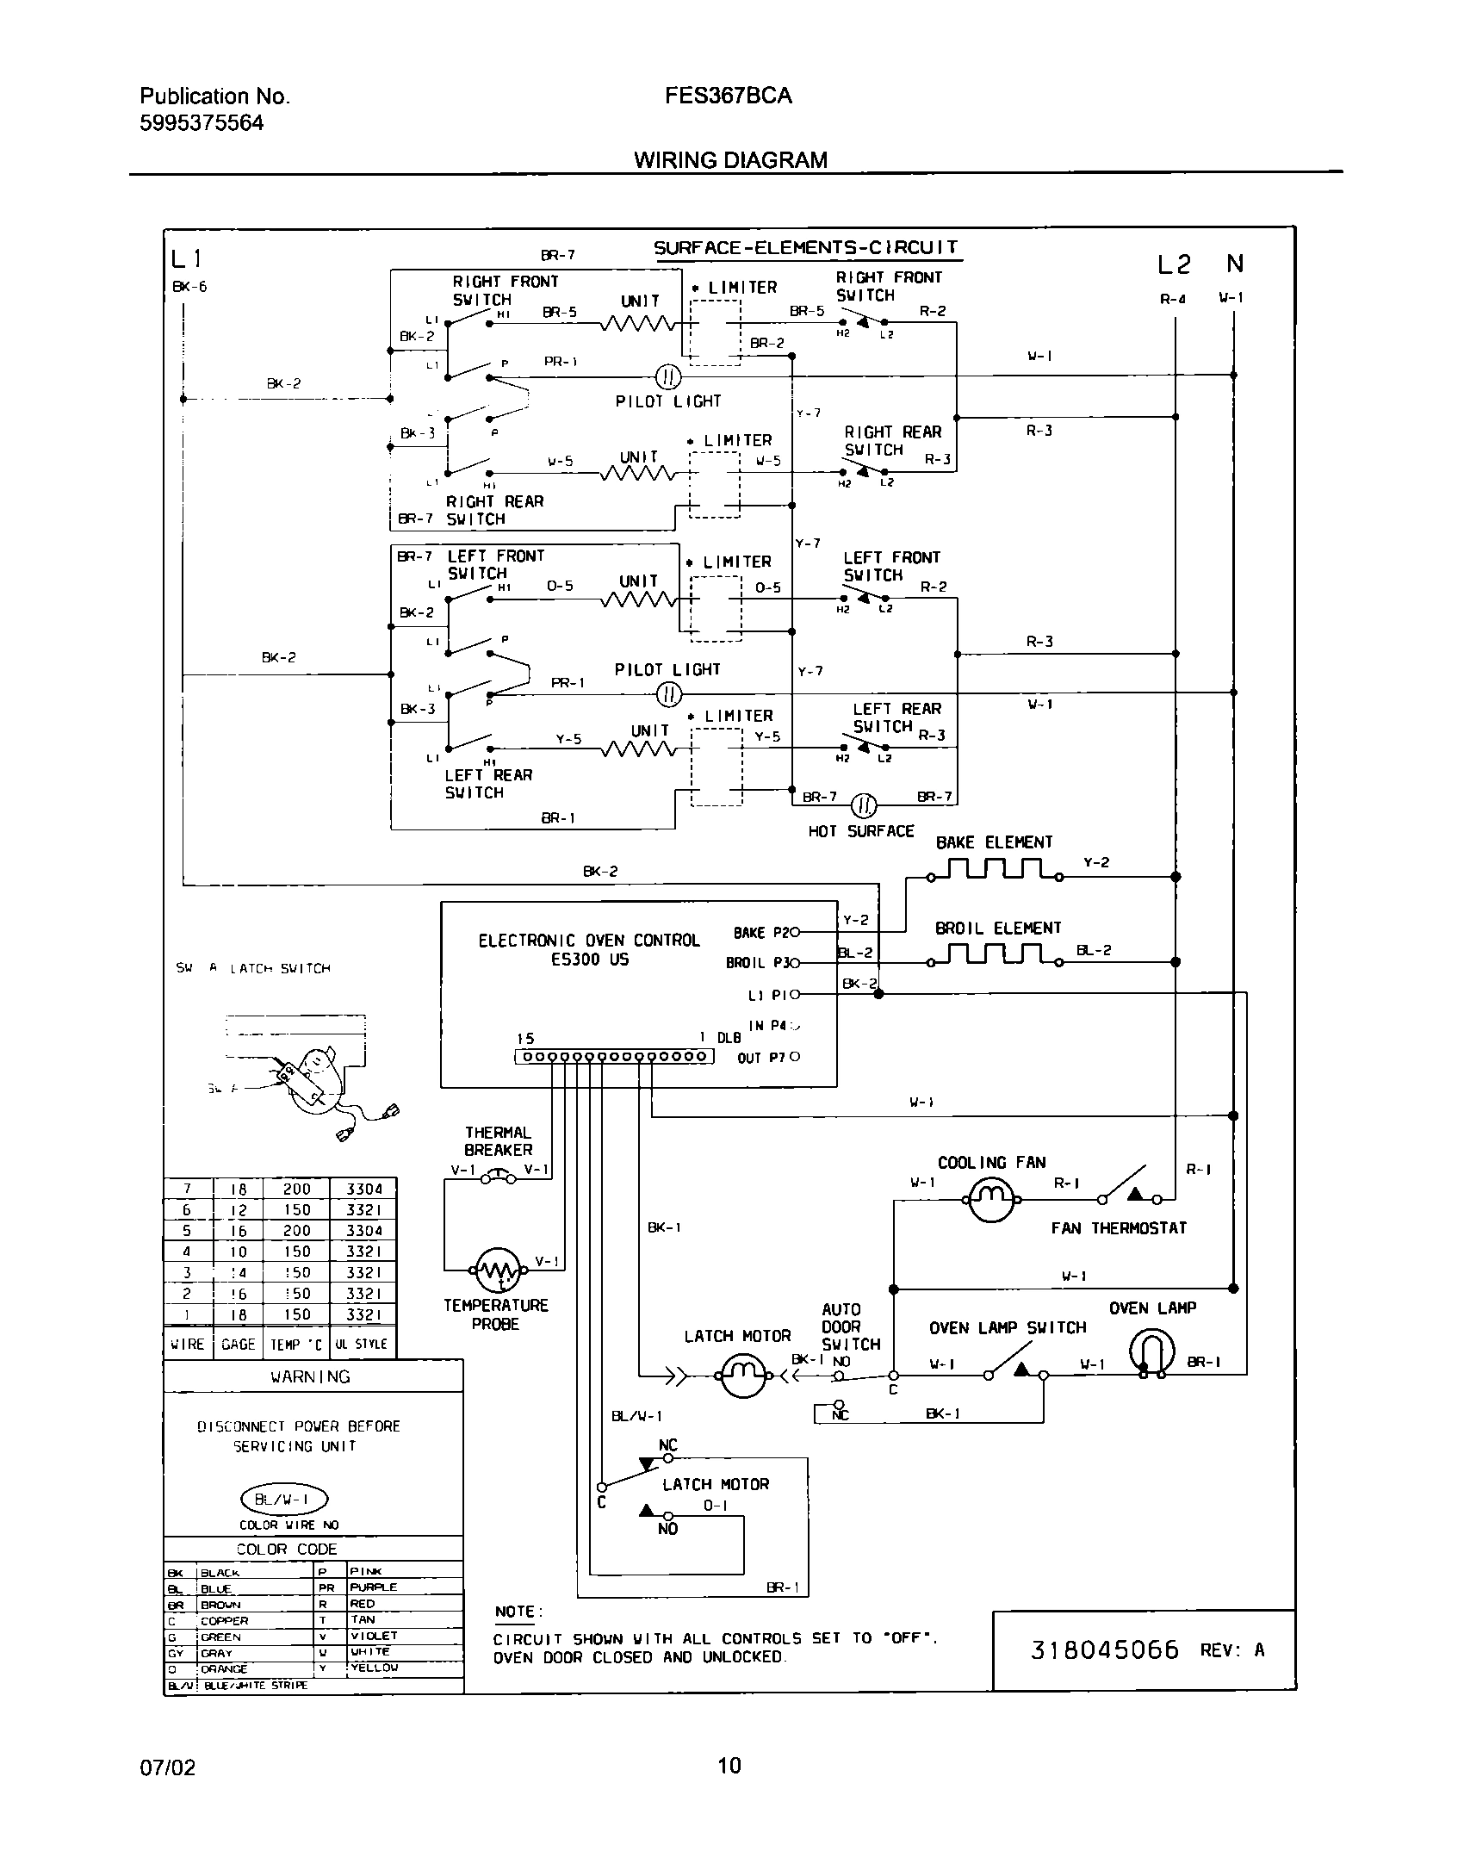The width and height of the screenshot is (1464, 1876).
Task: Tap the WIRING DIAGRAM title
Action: [x=730, y=160]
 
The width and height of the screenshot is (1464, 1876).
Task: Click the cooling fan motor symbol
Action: [x=992, y=1198]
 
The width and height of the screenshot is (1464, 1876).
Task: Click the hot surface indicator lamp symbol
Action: [x=864, y=806]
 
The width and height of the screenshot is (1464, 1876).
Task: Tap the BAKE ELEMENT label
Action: [x=994, y=842]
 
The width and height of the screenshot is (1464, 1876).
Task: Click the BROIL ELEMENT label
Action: [x=997, y=929]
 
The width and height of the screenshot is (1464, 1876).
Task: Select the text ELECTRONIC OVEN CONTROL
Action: [x=589, y=941]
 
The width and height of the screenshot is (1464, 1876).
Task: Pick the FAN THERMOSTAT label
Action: [x=1118, y=1228]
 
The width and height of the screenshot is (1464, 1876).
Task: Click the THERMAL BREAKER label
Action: [x=498, y=1141]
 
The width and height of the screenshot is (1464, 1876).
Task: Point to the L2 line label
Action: [x=1173, y=265]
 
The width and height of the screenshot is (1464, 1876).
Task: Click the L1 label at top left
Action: [x=186, y=258]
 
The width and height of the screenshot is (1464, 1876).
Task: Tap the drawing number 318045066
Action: [x=1104, y=1650]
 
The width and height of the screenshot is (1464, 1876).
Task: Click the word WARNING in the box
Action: [x=310, y=1376]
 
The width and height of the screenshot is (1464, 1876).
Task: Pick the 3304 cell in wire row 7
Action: [x=363, y=1189]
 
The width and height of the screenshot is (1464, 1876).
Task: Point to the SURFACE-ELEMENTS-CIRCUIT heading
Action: [x=805, y=248]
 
